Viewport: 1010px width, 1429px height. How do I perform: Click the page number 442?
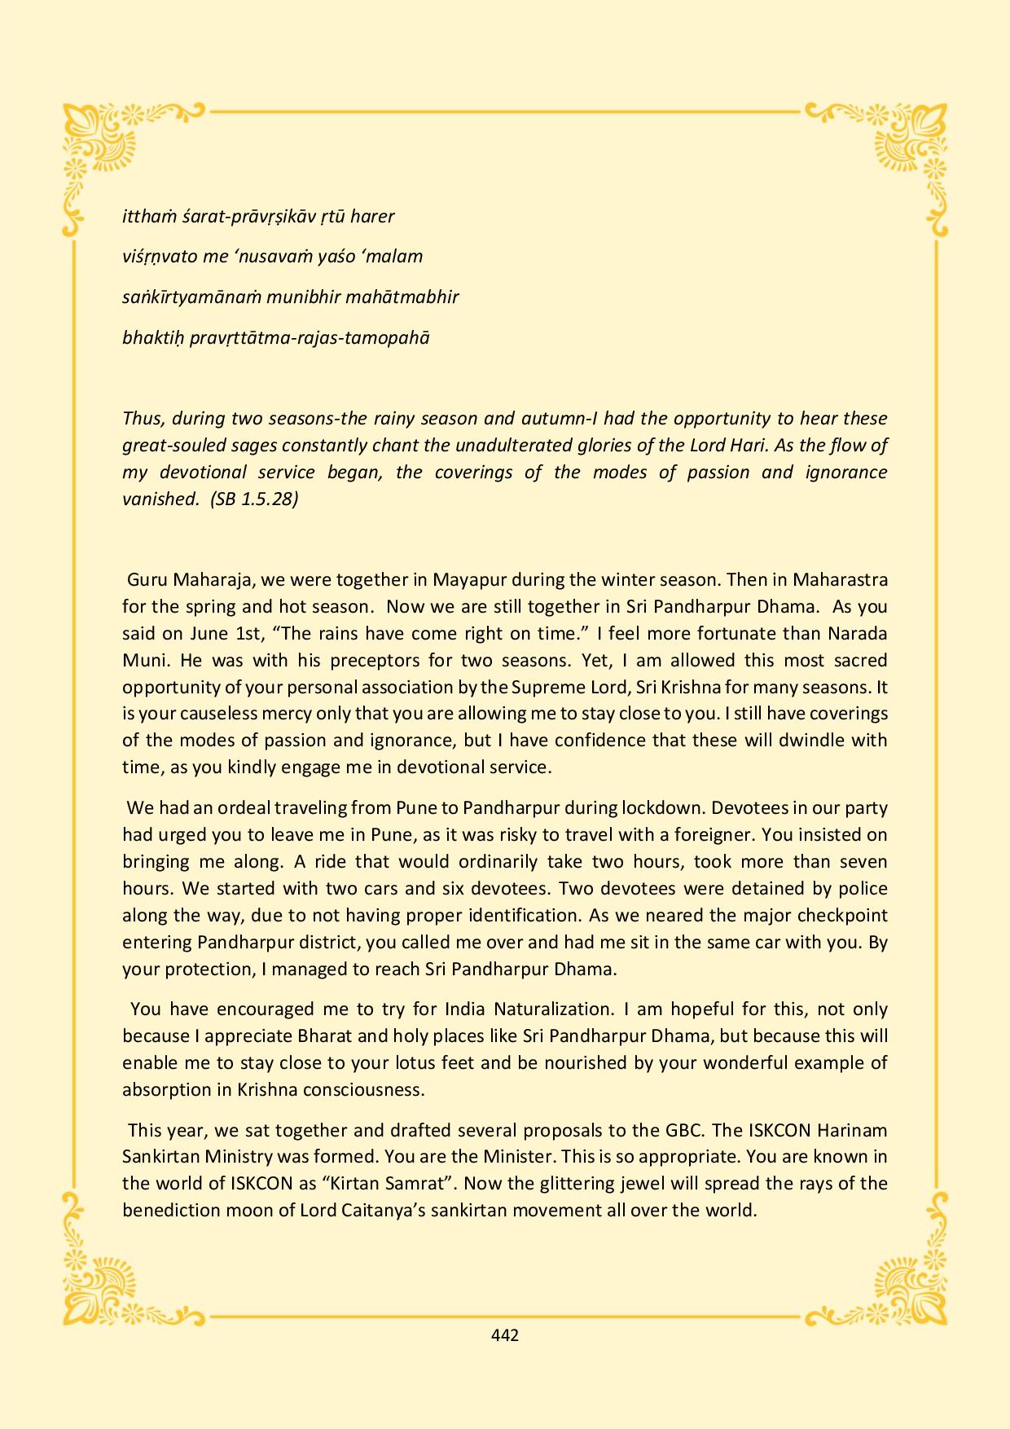505,1335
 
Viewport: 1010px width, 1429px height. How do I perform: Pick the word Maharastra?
840,580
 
